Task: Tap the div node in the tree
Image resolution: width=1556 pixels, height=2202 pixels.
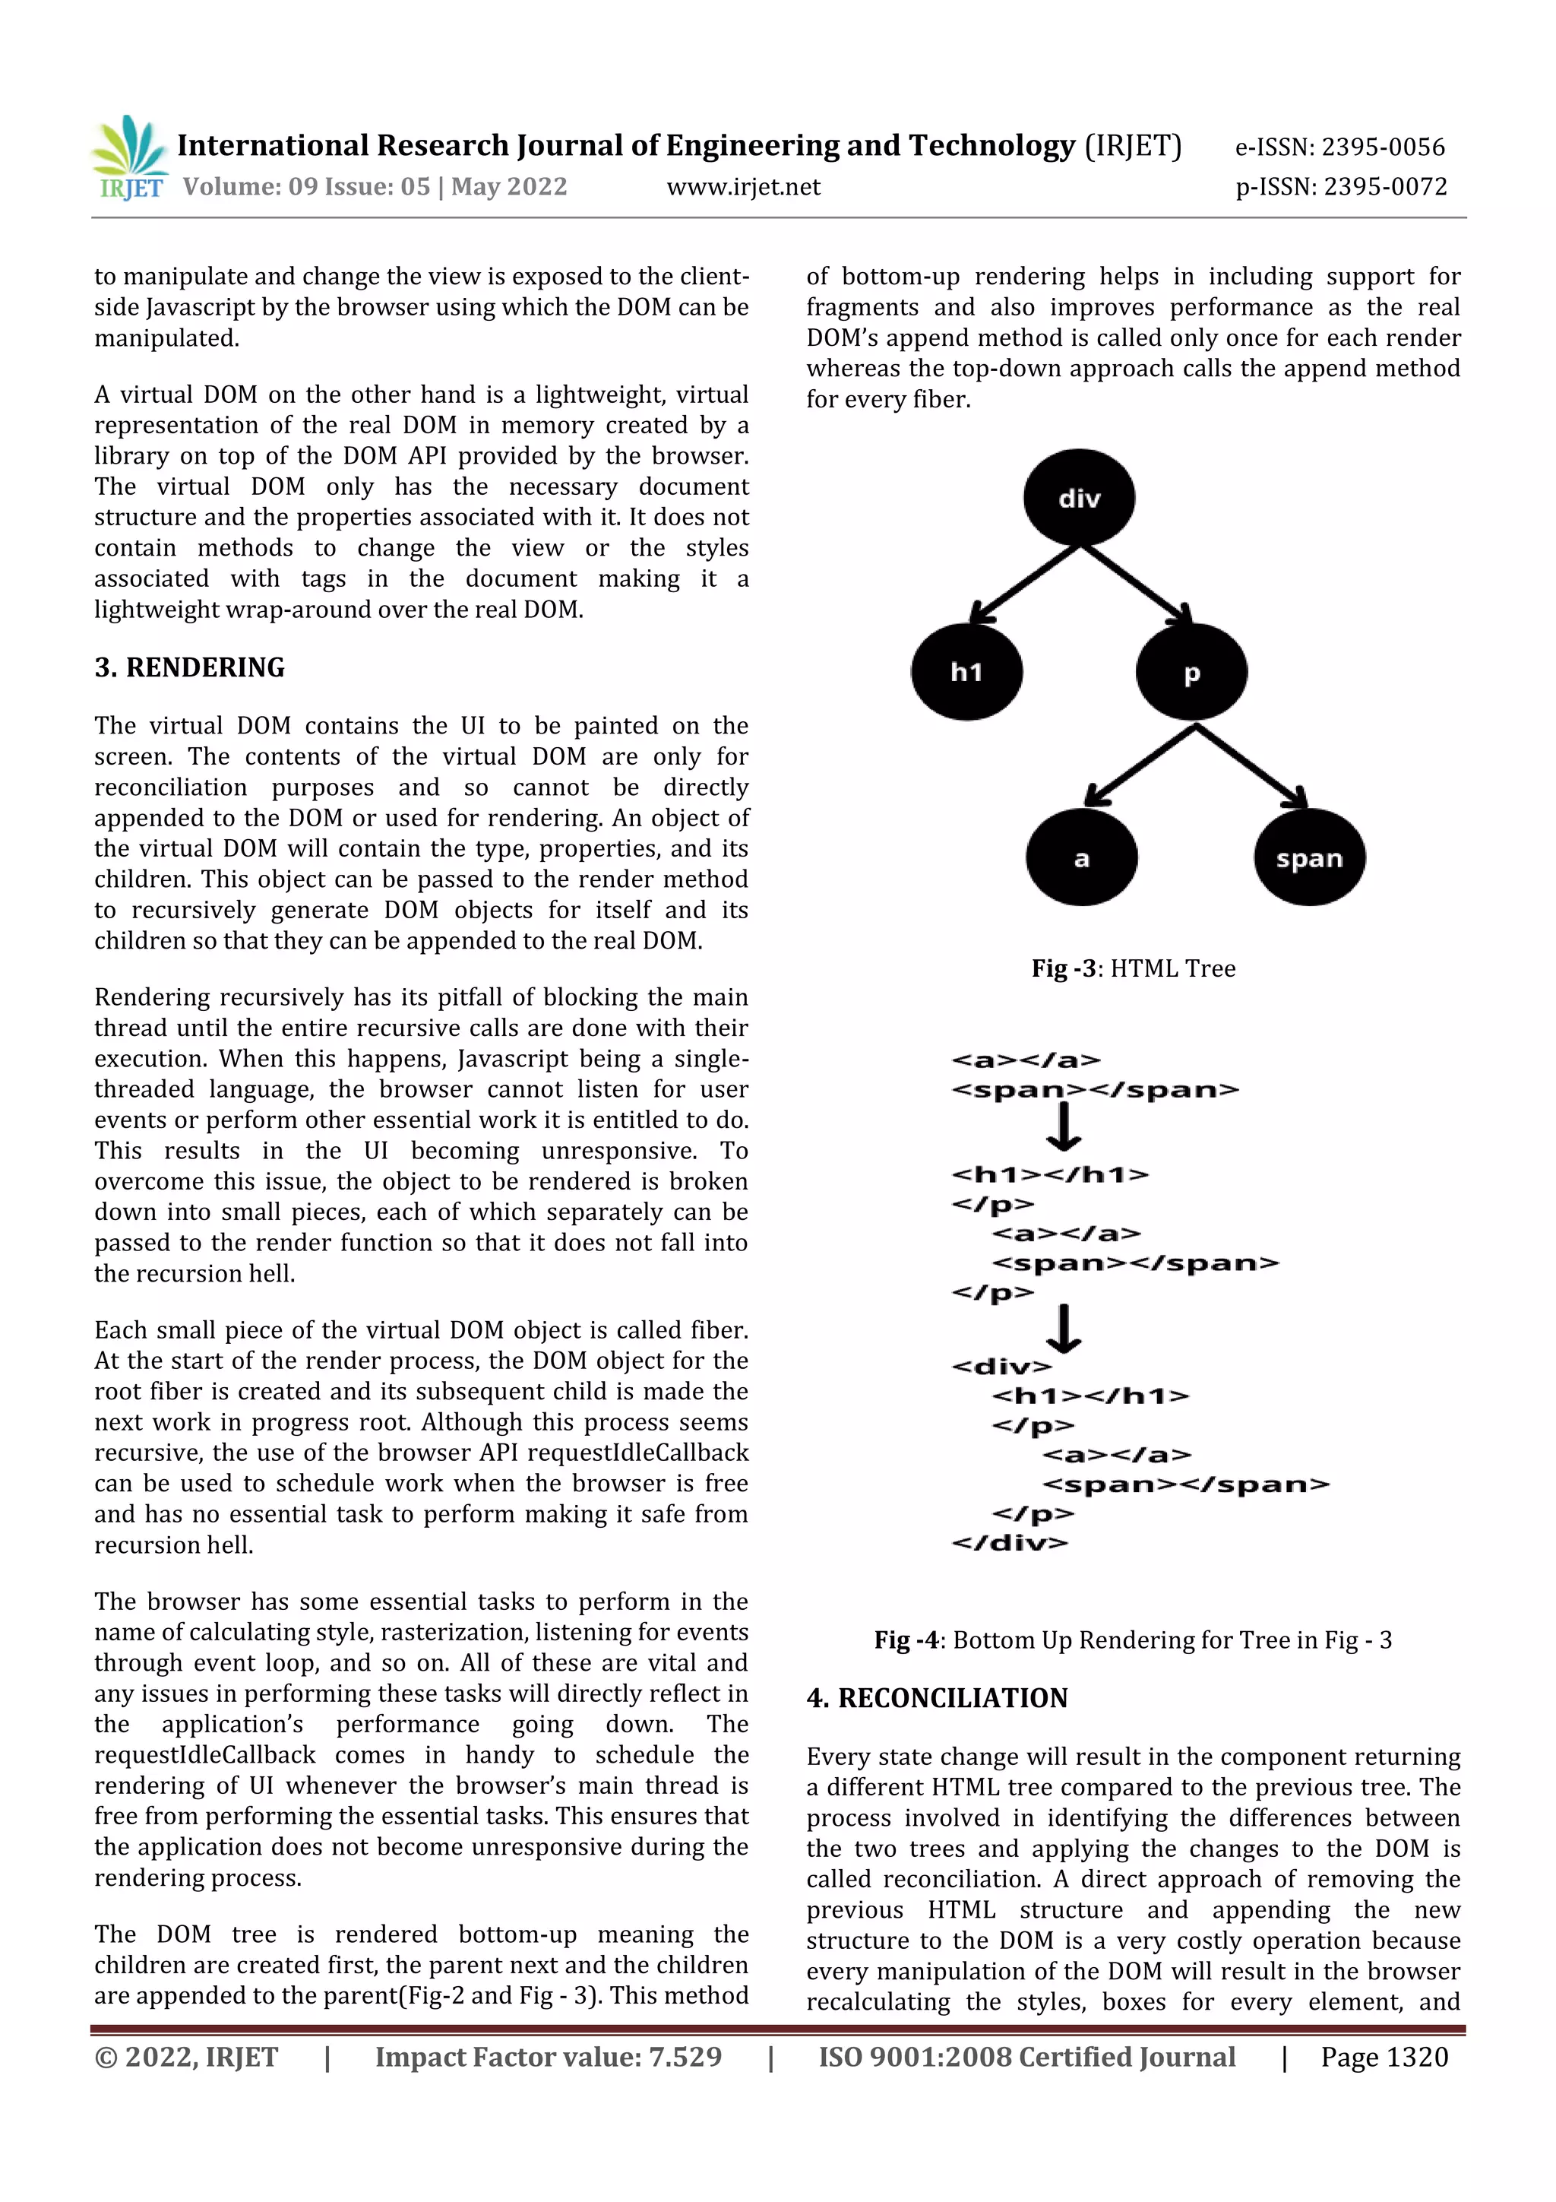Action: (1079, 498)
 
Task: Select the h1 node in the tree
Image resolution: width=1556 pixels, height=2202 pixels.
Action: (966, 672)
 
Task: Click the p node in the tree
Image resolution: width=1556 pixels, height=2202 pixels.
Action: (1191, 672)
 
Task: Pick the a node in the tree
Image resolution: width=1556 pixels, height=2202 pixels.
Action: (1081, 858)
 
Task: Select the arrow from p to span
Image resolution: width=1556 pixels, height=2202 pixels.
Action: (1251, 765)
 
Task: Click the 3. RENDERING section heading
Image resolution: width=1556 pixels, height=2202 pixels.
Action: (190, 667)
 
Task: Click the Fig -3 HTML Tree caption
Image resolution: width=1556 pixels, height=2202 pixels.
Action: (1134, 968)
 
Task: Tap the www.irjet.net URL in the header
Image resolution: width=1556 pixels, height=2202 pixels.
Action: (743, 187)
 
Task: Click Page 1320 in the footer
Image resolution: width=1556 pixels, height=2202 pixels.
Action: (1384, 2057)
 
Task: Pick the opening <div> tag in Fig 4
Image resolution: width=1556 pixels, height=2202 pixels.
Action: (1001, 1367)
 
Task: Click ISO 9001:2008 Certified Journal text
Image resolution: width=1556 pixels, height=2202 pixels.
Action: (1026, 2057)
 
